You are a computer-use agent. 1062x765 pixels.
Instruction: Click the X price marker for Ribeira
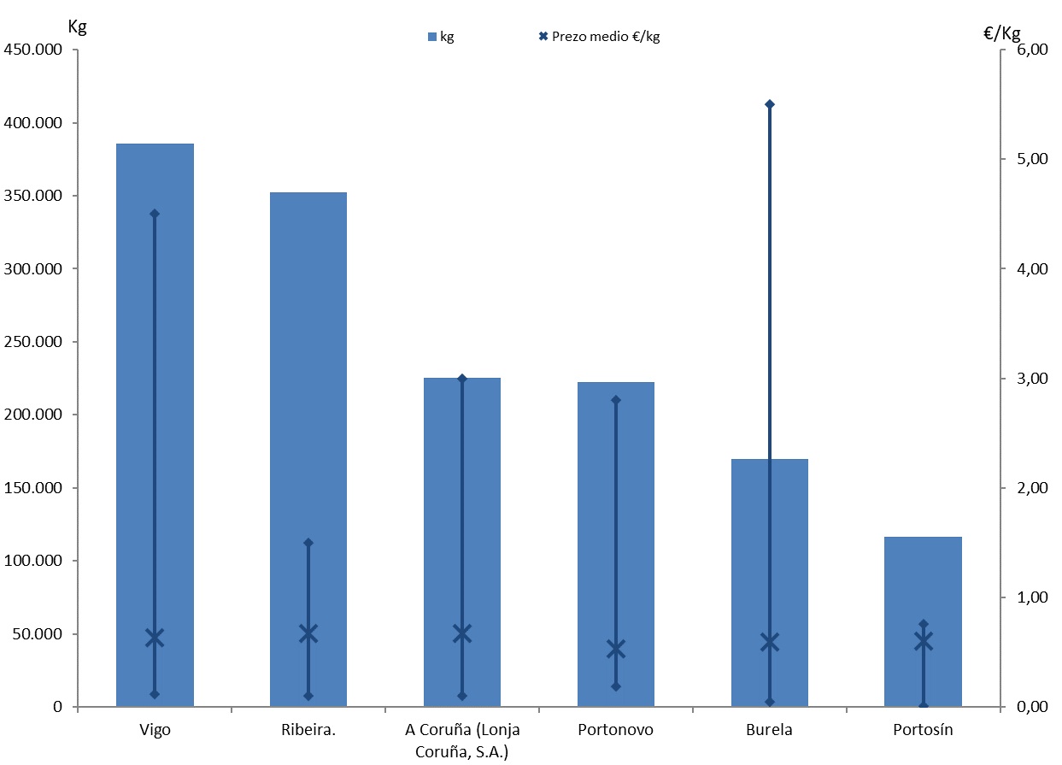pos(308,633)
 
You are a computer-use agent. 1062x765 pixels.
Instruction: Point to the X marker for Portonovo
pos(616,650)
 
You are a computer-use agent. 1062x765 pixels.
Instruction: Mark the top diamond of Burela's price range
pos(770,104)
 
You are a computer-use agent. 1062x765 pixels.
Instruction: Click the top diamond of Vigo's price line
pos(155,214)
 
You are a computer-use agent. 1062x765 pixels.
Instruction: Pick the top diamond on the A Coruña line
pos(462,379)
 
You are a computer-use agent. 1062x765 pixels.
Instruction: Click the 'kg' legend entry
pos(441,37)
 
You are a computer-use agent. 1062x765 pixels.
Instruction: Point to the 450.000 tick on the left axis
pos(33,50)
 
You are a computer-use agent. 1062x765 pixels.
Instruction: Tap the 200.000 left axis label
pos(33,415)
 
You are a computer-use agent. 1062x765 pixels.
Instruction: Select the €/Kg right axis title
pos(1002,33)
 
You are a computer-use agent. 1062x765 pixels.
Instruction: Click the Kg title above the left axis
pos(77,26)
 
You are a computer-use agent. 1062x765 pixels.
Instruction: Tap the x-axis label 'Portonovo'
pos(615,730)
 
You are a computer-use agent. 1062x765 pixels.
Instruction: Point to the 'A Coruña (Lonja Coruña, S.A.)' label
pos(462,740)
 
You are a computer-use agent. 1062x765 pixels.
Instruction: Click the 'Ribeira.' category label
pos(308,730)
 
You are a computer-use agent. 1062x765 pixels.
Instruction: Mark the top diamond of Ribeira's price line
pos(308,543)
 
